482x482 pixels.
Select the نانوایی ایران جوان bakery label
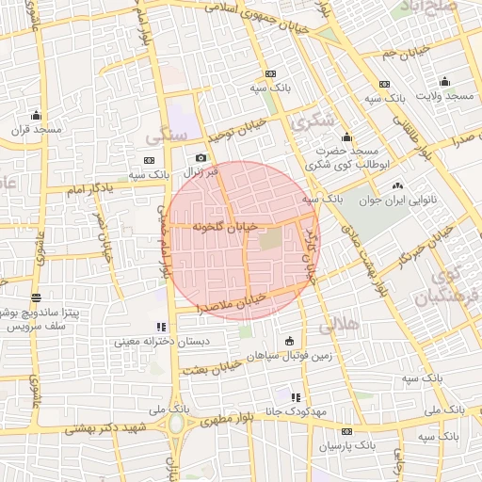pos(396,200)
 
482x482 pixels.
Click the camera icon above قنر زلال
pos(200,158)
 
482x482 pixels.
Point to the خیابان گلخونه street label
pos(223,228)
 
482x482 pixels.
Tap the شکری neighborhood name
pos(313,121)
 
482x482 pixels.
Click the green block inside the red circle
pos(269,241)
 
